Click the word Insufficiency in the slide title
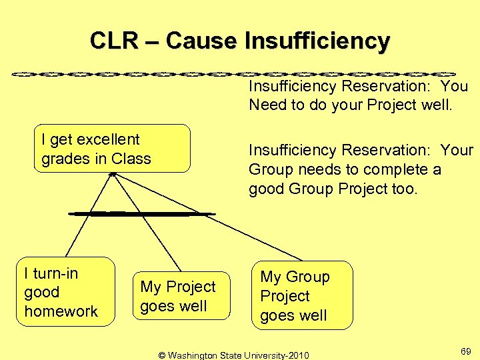click(317, 41)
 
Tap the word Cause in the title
click(201, 41)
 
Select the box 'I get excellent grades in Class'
click(112, 149)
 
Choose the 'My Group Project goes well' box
click(302, 296)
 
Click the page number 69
click(466, 350)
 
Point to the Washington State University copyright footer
click(233, 355)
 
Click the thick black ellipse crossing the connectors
click(141, 213)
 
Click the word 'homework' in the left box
click(61, 311)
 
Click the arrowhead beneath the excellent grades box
click(113, 174)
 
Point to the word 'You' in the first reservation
click(454, 86)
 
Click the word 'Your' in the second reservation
click(457, 151)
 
